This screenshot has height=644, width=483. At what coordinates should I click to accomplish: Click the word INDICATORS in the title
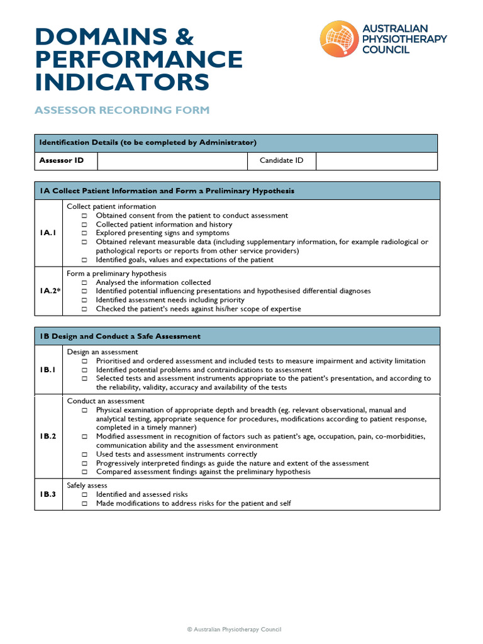[122, 82]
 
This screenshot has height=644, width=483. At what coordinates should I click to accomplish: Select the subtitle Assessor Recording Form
[122, 110]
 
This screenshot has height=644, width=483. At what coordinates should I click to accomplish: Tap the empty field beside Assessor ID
[172, 161]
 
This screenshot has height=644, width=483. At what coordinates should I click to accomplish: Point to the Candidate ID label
[281, 161]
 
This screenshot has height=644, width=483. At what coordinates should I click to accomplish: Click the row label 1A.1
[48, 233]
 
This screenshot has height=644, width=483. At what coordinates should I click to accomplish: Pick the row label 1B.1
[48, 370]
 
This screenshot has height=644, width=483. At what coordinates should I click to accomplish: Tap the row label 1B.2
[48, 436]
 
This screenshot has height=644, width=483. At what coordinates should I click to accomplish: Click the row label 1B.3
[48, 494]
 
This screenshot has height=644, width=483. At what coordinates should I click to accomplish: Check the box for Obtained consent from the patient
[84, 216]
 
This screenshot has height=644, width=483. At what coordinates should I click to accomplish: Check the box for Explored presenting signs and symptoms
[84, 233]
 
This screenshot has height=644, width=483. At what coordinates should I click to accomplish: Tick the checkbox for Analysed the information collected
[84, 283]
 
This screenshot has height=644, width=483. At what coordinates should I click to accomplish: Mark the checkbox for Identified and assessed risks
[84, 495]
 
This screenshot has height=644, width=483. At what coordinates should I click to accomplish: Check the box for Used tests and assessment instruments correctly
[84, 455]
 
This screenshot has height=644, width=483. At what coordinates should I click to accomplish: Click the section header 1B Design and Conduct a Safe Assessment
[119, 336]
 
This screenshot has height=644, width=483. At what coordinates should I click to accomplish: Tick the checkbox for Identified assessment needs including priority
[84, 301]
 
